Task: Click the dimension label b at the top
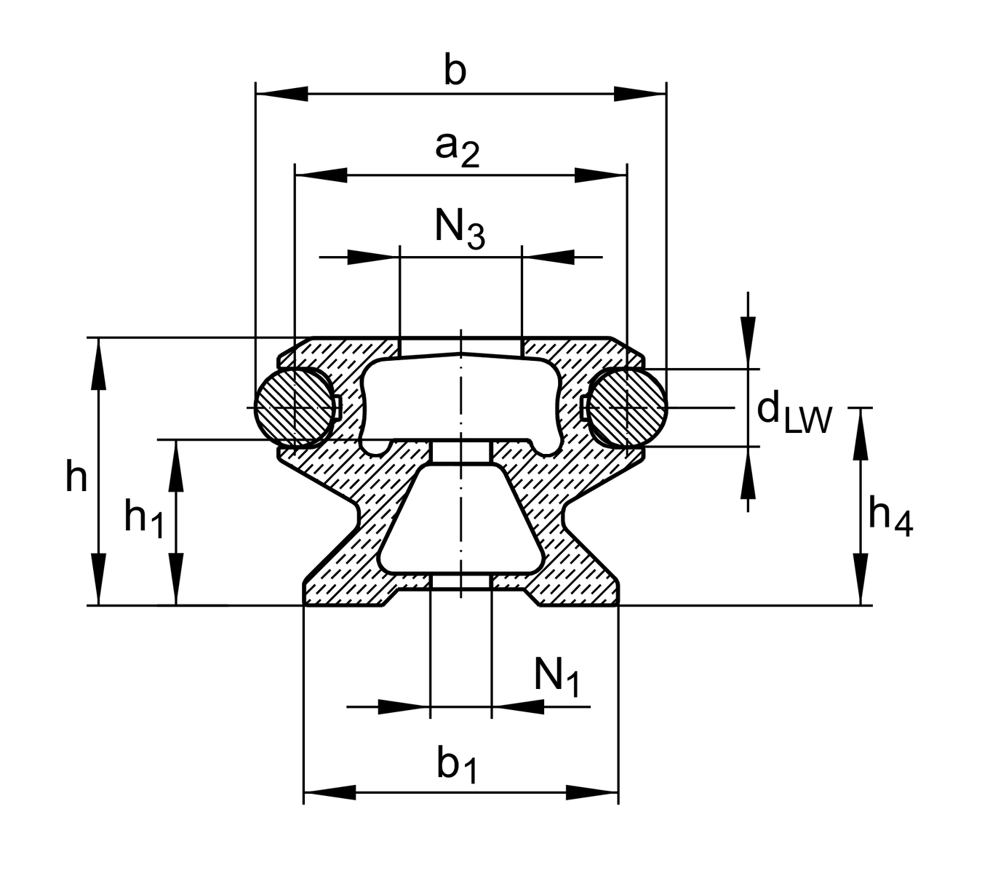pos(455,72)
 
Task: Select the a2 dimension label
pos(458,148)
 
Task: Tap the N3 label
pos(460,228)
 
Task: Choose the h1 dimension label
pos(143,519)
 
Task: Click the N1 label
pos(556,677)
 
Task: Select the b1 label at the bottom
pos(458,767)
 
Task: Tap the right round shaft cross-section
pos(627,407)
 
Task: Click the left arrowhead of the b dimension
pos(282,94)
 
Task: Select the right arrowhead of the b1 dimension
pos(592,792)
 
